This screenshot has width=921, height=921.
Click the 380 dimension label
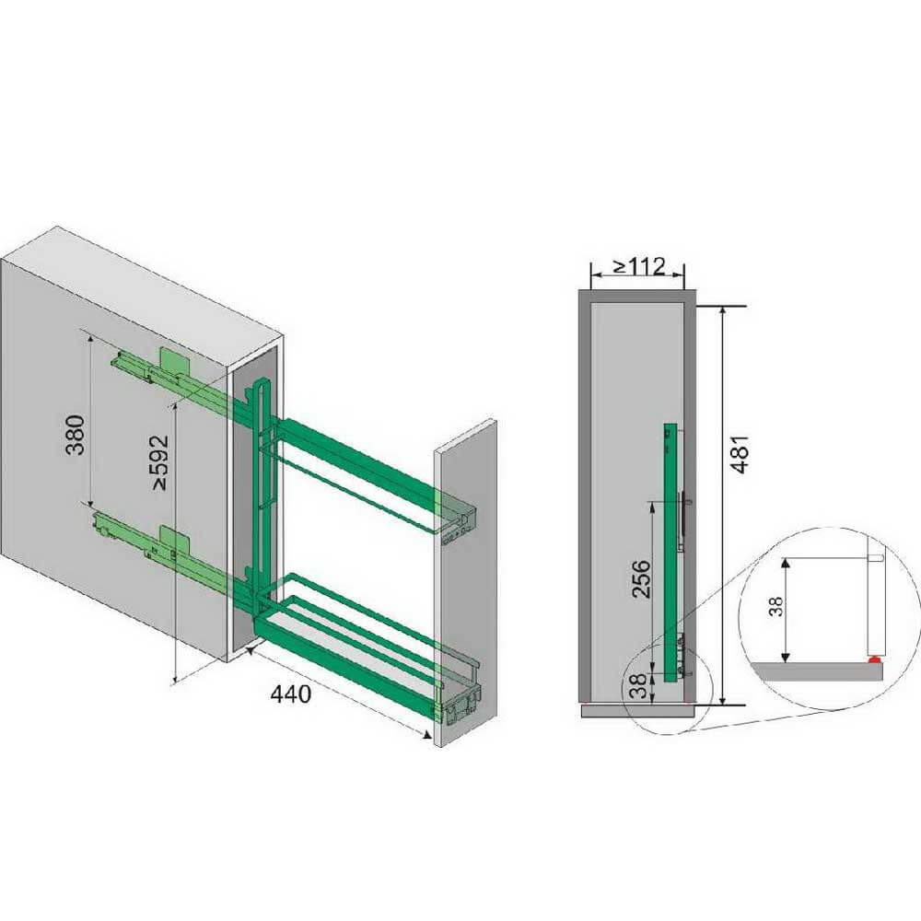click(76, 435)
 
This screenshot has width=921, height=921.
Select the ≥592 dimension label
click(159, 462)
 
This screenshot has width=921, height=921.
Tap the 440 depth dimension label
click(290, 694)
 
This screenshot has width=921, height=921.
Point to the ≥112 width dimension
click(640, 267)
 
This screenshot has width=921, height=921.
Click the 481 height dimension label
click(740, 454)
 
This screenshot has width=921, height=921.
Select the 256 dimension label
click(641, 578)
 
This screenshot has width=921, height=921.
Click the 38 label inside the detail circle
click(775, 606)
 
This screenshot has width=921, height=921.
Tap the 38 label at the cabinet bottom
click(638, 685)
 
